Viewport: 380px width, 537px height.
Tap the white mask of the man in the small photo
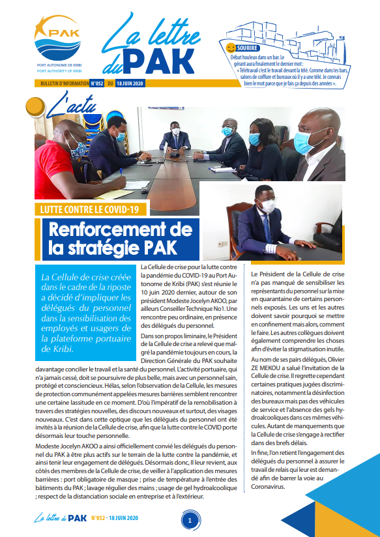(268, 206)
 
